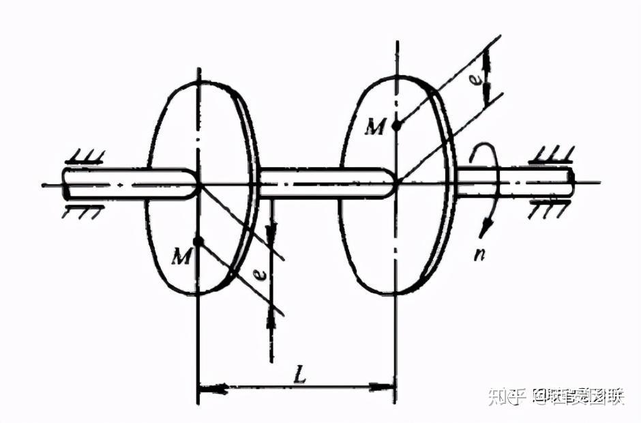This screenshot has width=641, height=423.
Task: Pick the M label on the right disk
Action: [x=374, y=126]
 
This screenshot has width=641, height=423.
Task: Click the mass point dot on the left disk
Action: [x=198, y=242]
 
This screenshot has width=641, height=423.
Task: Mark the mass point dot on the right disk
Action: [x=396, y=125]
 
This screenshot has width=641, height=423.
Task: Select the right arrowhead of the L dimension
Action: [x=383, y=389]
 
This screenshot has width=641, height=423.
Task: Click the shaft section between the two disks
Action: [x=320, y=184]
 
